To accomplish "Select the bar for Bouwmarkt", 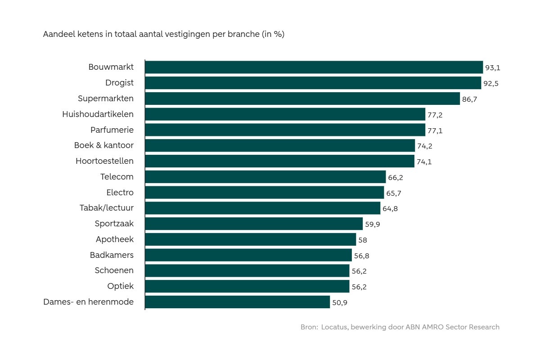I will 314,67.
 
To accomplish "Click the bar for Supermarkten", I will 302,99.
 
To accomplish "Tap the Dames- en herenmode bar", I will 237,302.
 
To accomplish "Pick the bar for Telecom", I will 265,177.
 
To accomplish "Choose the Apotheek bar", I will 250,239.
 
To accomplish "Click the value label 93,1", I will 493,68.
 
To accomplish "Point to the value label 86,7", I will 469,99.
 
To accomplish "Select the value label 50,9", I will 340,302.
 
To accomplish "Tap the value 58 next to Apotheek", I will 363,240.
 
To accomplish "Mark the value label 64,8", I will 390,209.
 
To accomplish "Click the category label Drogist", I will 119,83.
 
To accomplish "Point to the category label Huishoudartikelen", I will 98,114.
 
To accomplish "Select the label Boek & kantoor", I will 104,145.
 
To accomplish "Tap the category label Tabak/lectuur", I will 107,208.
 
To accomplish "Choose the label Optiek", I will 120,286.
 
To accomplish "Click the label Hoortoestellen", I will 104,161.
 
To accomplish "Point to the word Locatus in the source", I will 334,327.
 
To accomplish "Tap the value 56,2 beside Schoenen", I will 359,271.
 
